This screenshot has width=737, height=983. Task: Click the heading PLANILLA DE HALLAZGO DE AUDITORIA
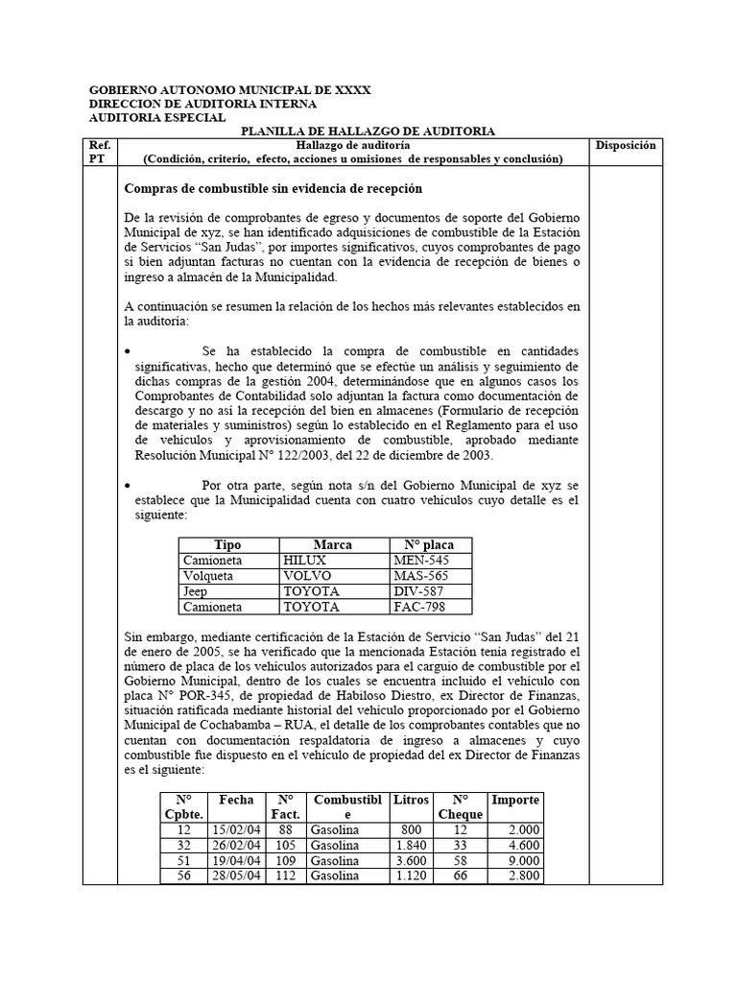(368, 131)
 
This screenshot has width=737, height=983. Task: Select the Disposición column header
(625, 145)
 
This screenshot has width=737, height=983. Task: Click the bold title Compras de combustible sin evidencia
(274, 187)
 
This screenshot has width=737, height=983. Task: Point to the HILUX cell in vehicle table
(305, 560)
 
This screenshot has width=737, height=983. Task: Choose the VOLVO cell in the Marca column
(307, 576)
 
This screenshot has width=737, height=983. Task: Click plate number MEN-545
(420, 560)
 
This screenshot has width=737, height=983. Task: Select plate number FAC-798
(419, 607)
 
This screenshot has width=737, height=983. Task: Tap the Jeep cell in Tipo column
(197, 591)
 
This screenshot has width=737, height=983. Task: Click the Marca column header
(333, 544)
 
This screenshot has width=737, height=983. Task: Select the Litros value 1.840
(409, 845)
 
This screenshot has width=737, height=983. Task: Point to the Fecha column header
(236, 800)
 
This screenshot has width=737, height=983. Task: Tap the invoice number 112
(285, 875)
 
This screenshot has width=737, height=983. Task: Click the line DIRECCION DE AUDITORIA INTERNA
(202, 104)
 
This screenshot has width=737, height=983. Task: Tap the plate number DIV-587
(419, 591)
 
